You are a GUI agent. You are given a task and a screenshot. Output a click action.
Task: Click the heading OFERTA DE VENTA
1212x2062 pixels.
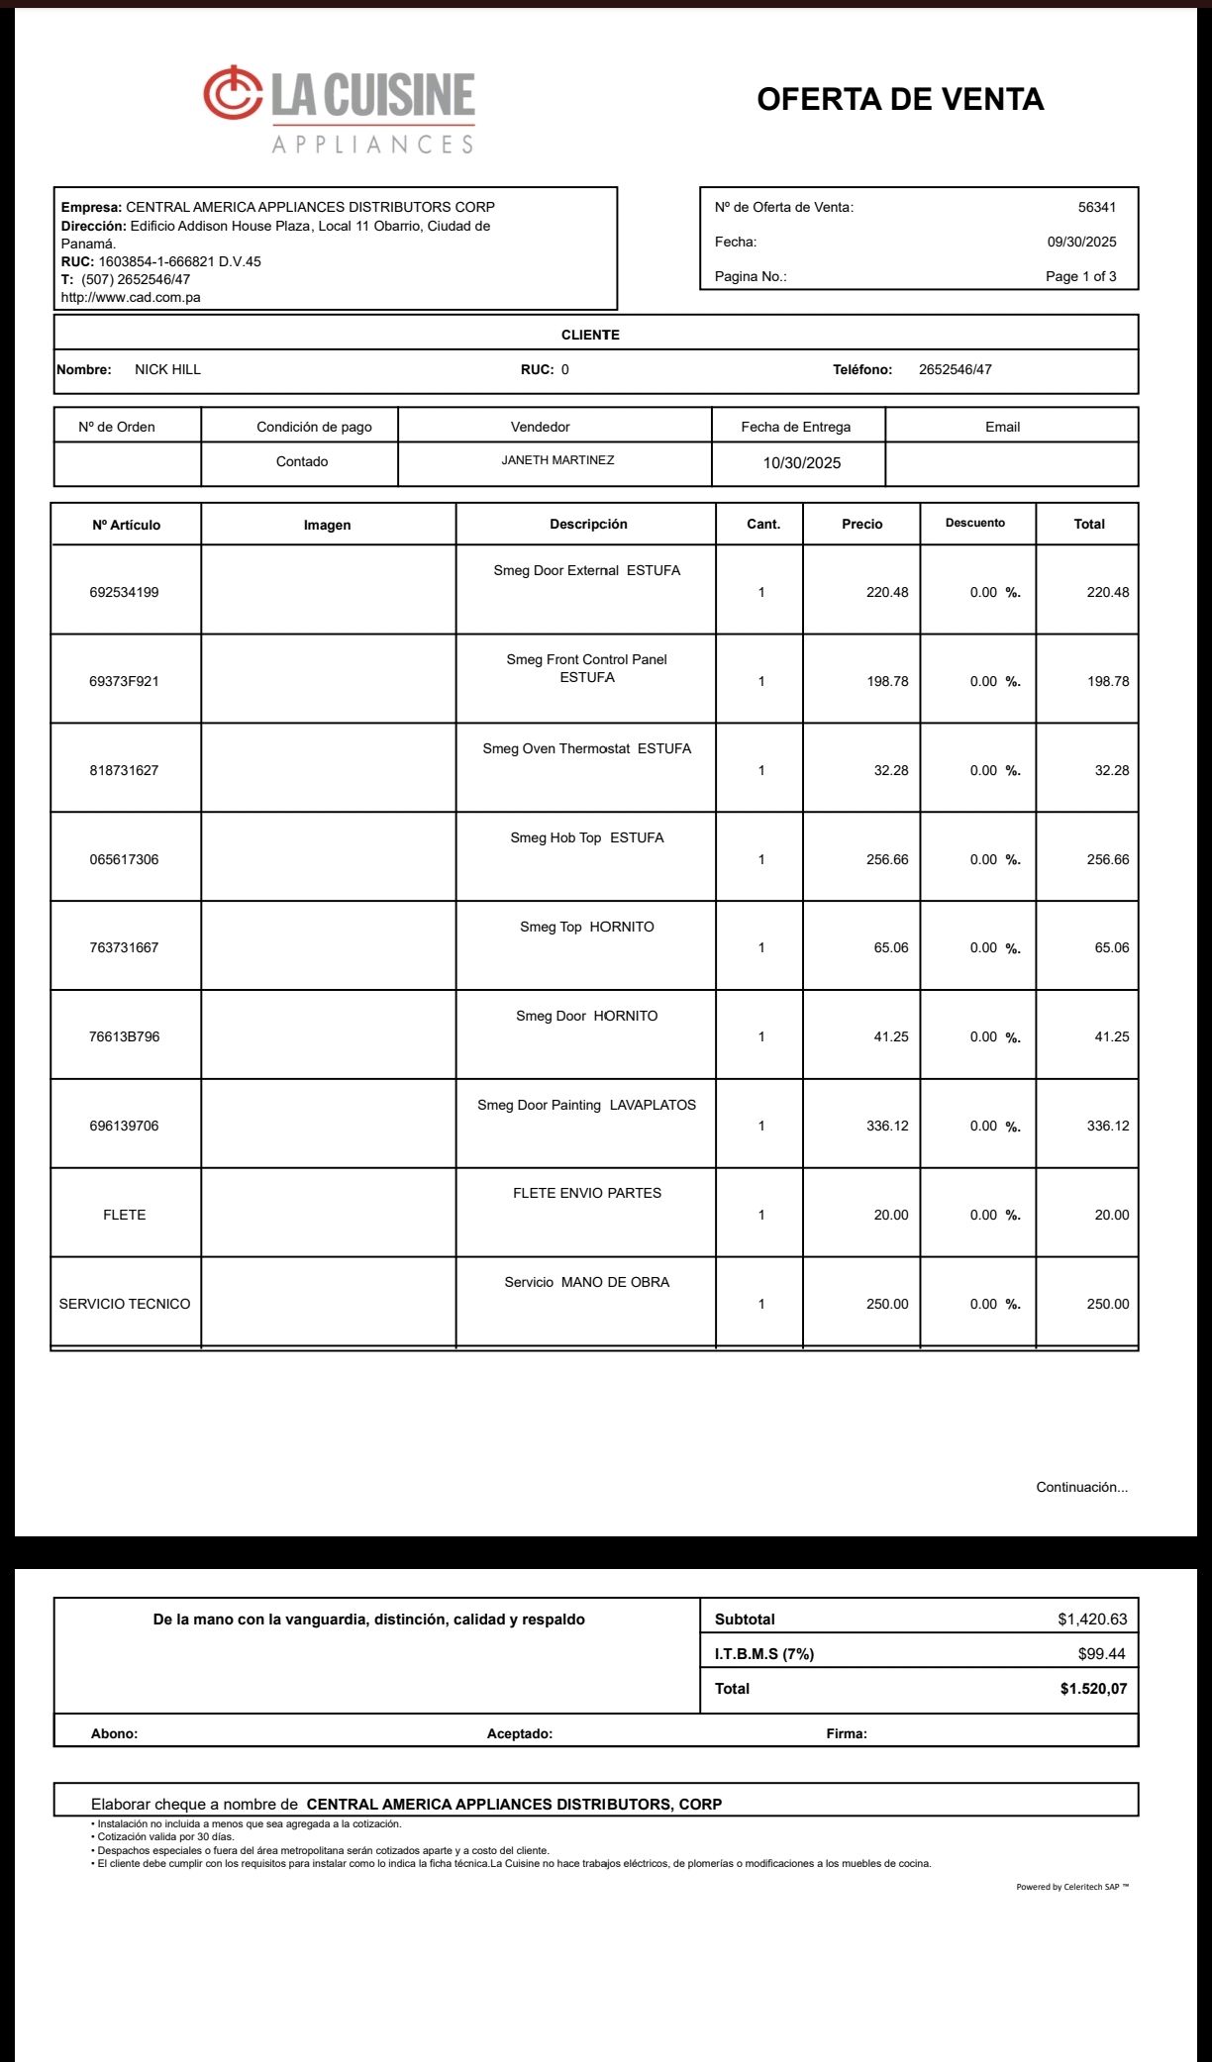tap(899, 99)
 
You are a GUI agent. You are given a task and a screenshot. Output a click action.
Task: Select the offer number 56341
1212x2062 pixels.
tap(1096, 207)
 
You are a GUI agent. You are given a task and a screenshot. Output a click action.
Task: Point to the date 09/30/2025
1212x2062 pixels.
tap(1081, 242)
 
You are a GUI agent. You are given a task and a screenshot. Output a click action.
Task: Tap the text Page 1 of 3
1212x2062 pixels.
tap(1080, 276)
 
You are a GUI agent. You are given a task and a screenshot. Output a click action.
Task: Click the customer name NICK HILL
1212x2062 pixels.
tap(167, 369)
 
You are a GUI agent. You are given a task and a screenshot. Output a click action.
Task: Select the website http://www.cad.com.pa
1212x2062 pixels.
tap(131, 297)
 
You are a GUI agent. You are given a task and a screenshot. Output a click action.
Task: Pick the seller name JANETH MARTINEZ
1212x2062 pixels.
tap(557, 460)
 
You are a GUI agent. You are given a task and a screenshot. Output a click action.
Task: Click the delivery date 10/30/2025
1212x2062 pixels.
tap(801, 462)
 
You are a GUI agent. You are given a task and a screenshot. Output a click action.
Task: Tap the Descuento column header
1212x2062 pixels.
tap(974, 523)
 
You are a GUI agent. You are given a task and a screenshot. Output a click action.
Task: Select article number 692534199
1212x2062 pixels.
tap(124, 592)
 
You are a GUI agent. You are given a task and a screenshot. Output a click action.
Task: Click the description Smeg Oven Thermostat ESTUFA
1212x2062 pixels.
tap(586, 748)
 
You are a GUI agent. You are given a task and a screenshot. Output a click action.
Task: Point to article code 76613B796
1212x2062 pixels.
tap(124, 1036)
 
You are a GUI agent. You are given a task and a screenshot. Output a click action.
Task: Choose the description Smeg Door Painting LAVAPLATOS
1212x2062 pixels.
tap(586, 1105)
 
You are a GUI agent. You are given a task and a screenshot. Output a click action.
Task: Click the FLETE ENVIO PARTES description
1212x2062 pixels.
tap(586, 1193)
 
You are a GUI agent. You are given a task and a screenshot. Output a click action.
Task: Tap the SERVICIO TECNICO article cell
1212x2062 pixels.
tap(125, 1304)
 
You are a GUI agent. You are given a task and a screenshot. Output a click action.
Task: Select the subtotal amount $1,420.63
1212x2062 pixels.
tap(1091, 1620)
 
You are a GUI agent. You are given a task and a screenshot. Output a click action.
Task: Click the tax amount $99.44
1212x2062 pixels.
tap(1101, 1653)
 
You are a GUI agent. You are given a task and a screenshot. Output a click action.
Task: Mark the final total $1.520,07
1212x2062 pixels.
tap(1092, 1689)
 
